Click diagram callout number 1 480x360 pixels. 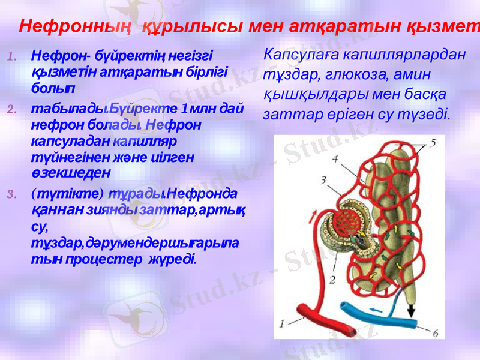(281, 323)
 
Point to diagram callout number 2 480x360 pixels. (331, 279)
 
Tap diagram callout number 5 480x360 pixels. (433, 143)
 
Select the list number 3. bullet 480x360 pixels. (13, 194)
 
